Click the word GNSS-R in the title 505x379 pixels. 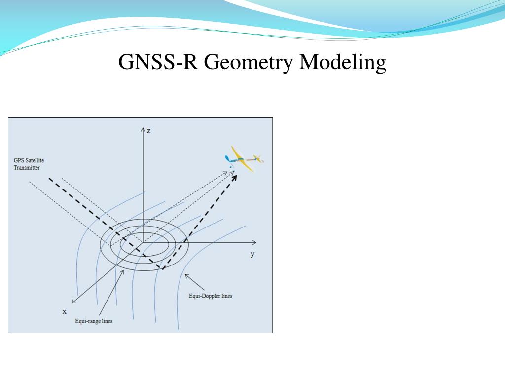(x=157, y=63)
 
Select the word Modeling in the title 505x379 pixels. (x=343, y=63)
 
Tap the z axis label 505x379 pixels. (x=148, y=130)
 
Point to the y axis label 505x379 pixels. (x=252, y=254)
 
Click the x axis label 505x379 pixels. (x=64, y=311)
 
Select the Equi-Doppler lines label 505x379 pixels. (x=211, y=296)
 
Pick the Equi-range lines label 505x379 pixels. (x=94, y=321)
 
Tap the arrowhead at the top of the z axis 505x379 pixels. (x=143, y=130)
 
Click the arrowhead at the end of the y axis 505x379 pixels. (x=254, y=242)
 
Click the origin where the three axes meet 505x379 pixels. (x=143, y=242)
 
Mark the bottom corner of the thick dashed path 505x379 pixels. (x=161, y=269)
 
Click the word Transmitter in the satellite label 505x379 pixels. (x=27, y=168)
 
